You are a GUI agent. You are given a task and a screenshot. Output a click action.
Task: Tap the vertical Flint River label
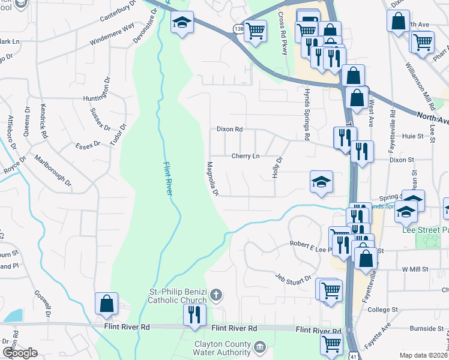[168, 176]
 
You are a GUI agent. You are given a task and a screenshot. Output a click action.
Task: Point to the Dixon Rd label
[229, 129]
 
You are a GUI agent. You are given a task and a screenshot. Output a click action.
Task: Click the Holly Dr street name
[277, 167]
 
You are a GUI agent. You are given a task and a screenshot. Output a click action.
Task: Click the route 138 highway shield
[239, 28]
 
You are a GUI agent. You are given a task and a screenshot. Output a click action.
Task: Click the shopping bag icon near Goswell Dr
[106, 303]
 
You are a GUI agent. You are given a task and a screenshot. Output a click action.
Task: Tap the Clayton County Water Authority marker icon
[259, 346]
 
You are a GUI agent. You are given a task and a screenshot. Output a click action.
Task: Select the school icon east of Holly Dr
[321, 181]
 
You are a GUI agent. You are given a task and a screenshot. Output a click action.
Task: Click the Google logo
[20, 353]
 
